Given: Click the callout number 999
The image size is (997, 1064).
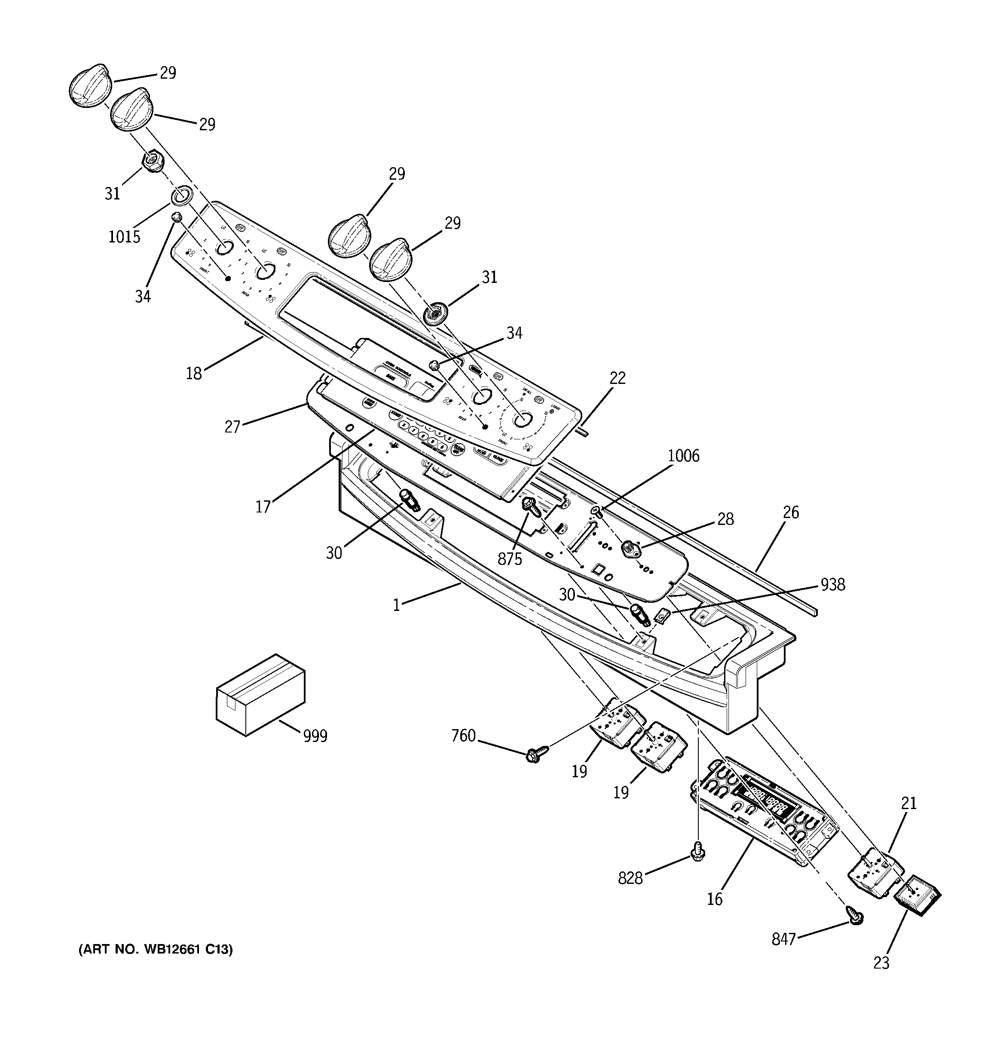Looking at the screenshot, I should point(315,736).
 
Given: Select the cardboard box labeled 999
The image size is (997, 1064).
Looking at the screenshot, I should point(260,695).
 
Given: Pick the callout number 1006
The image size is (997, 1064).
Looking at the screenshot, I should point(683,456).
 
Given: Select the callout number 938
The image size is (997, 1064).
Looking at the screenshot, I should point(833,585).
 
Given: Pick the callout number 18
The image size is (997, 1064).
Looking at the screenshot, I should point(194,373).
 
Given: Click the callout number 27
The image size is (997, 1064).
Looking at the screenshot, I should point(232,426).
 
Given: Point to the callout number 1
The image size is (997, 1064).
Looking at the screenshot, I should point(396,605).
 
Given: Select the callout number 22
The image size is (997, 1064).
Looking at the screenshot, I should point(618,378).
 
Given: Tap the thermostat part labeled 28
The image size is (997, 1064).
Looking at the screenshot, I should point(630,549).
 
